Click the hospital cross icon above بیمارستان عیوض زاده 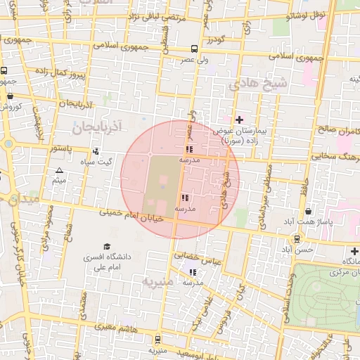tap(239, 120)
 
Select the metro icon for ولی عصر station tap(194, 49)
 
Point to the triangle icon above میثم tap(59, 171)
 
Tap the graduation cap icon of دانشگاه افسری tap(107, 246)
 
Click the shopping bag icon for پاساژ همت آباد tap(309, 212)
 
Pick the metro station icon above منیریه tap(157, 338)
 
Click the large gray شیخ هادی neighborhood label tap(252, 84)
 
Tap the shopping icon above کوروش tap(10, 96)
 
